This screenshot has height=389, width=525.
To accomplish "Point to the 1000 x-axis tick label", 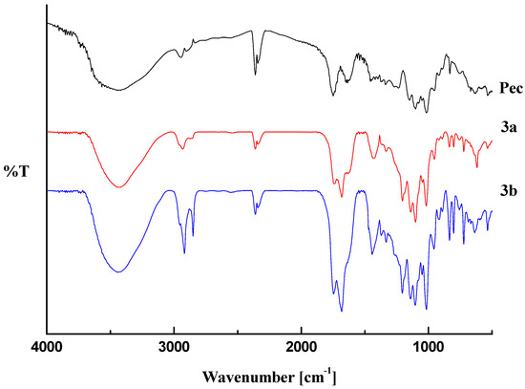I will point(429,345).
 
